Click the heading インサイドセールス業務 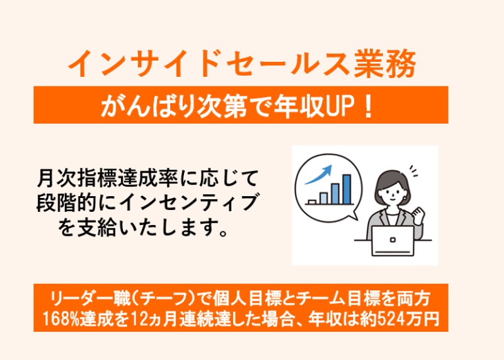click(x=242, y=64)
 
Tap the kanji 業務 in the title click(x=385, y=64)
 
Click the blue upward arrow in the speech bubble click(x=318, y=175)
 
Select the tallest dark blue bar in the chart click(x=346, y=190)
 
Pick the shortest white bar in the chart click(x=312, y=202)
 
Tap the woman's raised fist click(x=418, y=215)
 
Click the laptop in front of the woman click(x=392, y=241)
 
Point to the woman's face click(x=392, y=192)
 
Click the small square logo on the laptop click(x=392, y=240)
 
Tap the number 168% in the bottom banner click(x=59, y=319)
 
